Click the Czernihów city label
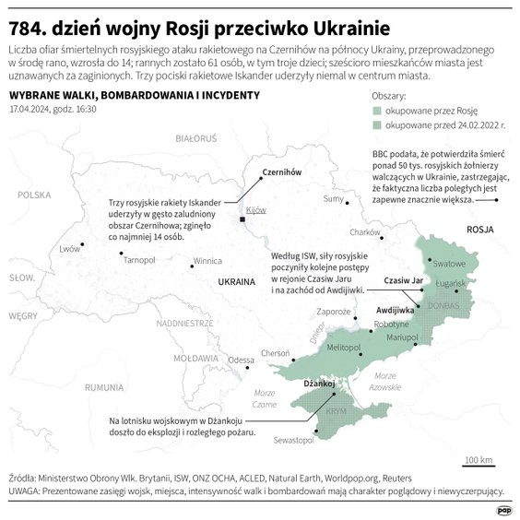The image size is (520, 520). click(x=256, y=172)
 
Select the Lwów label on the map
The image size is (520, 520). click(x=69, y=249)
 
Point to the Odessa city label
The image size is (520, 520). click(x=242, y=360)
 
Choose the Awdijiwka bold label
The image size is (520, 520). click(x=396, y=311)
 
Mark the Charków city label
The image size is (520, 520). click(x=365, y=232)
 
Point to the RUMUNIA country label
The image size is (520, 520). click(x=103, y=388)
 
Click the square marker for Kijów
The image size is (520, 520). click(x=242, y=219)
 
